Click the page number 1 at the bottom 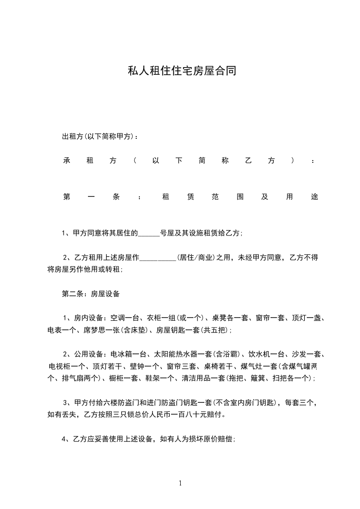click(x=180, y=483)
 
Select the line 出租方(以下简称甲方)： click(x=100, y=136)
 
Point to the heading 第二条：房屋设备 click(x=91, y=294)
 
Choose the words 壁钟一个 click(x=143, y=366)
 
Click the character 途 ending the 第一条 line click(x=315, y=197)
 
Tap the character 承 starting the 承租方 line click(x=66, y=161)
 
